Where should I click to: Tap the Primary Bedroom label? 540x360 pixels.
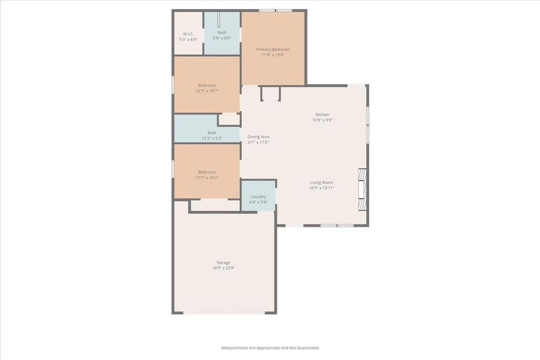pyautogui.click(x=273, y=49)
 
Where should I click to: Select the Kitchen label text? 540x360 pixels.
pyautogui.click(x=322, y=115)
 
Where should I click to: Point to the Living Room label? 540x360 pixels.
pyautogui.click(x=322, y=182)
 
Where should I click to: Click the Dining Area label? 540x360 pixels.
pyautogui.click(x=259, y=137)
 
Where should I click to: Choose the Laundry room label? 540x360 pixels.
pyautogui.click(x=259, y=196)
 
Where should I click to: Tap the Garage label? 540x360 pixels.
pyautogui.click(x=223, y=262)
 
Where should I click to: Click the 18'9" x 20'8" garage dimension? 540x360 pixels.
pyautogui.click(x=223, y=268)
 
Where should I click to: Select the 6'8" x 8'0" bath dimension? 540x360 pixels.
pyautogui.click(x=222, y=38)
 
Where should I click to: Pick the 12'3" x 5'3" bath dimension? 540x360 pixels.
pyautogui.click(x=212, y=139)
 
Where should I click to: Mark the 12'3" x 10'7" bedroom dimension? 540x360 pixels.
pyautogui.click(x=207, y=91)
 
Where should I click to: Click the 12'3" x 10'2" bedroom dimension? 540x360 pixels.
pyautogui.click(x=207, y=178)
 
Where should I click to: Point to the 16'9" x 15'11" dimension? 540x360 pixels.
pyautogui.click(x=322, y=188)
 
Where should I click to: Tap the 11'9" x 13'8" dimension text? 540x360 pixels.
pyautogui.click(x=273, y=55)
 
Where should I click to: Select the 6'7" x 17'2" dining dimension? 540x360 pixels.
pyautogui.click(x=259, y=142)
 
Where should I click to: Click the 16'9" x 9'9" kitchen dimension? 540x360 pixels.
pyautogui.click(x=322, y=120)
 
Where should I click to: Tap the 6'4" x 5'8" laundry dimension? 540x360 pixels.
pyautogui.click(x=259, y=202)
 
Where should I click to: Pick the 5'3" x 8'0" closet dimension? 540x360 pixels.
pyautogui.click(x=188, y=40)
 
